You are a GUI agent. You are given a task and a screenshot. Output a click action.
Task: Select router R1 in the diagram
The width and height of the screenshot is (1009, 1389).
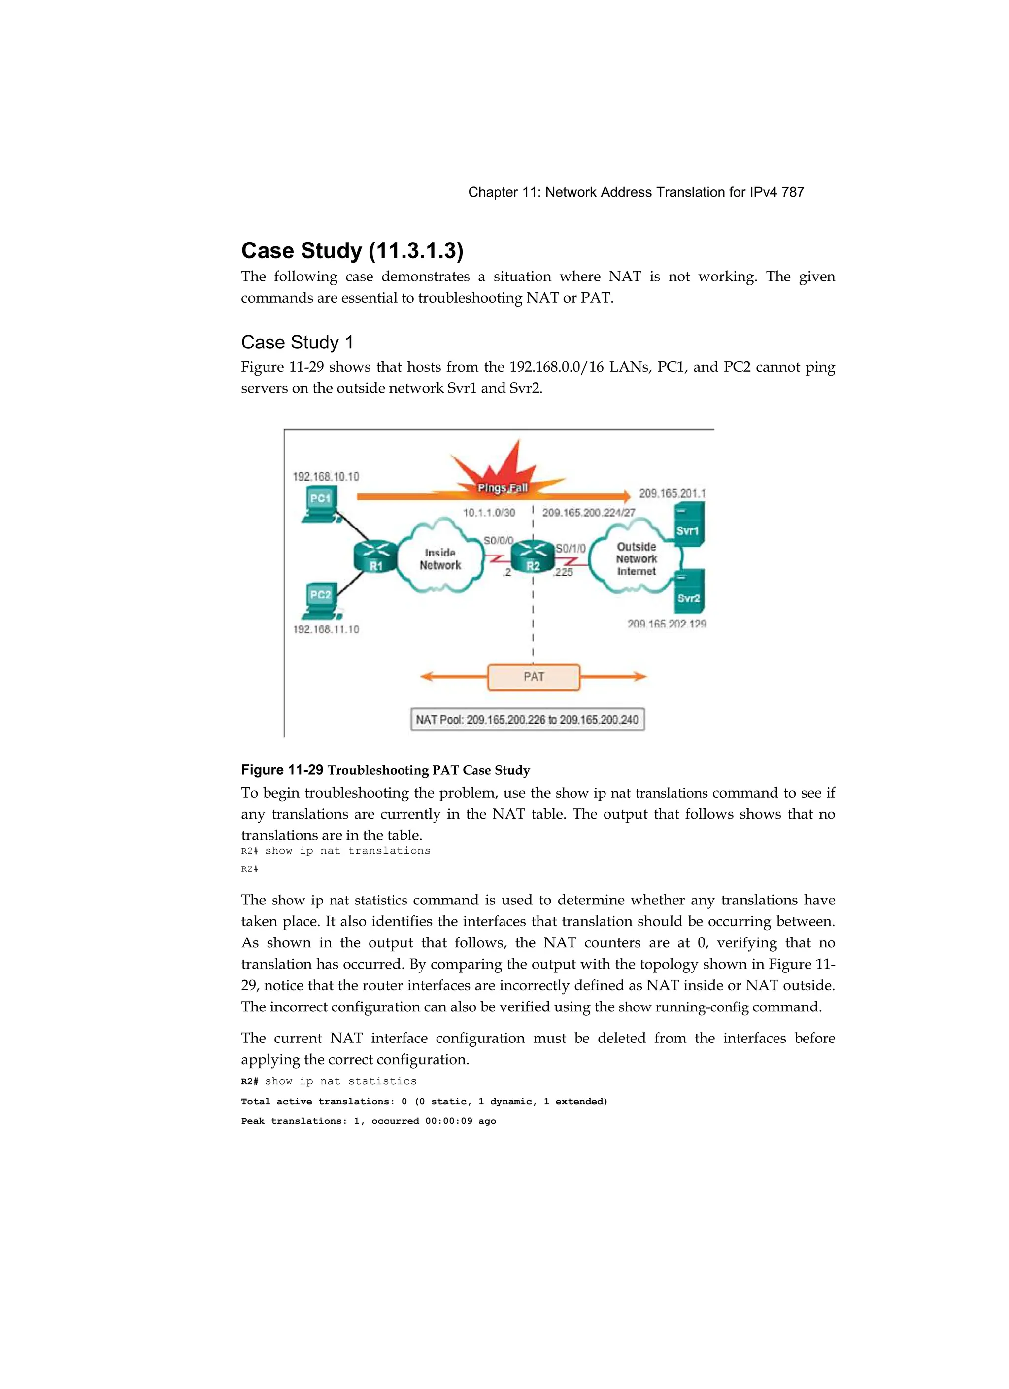(375, 556)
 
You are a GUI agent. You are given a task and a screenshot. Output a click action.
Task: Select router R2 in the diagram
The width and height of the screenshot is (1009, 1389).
(533, 556)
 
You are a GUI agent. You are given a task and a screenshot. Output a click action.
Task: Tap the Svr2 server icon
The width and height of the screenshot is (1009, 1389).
(689, 591)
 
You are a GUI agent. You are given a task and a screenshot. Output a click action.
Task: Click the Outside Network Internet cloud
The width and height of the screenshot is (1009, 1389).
(636, 558)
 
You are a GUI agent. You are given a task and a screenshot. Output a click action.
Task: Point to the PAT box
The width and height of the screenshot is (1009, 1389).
(533, 677)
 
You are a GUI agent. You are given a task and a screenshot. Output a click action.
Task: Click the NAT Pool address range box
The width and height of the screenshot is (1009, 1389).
(527, 720)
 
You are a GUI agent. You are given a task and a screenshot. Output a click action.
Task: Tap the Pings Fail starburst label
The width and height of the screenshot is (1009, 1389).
(502, 487)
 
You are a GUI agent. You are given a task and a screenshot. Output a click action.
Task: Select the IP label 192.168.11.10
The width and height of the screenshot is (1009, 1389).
(326, 629)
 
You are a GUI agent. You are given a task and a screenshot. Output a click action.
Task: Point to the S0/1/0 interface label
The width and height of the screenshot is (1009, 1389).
(570, 548)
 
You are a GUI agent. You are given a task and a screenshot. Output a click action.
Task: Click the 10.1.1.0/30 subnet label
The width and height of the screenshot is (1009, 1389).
(489, 512)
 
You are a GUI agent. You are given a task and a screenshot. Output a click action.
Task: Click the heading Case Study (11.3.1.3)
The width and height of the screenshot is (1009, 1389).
(352, 250)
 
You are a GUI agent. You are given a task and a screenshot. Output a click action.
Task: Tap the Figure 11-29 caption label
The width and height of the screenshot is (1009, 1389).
(282, 770)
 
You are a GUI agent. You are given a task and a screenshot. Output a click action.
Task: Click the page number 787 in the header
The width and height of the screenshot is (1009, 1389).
(792, 192)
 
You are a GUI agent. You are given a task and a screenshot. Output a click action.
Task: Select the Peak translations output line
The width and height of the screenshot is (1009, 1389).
(368, 1121)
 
